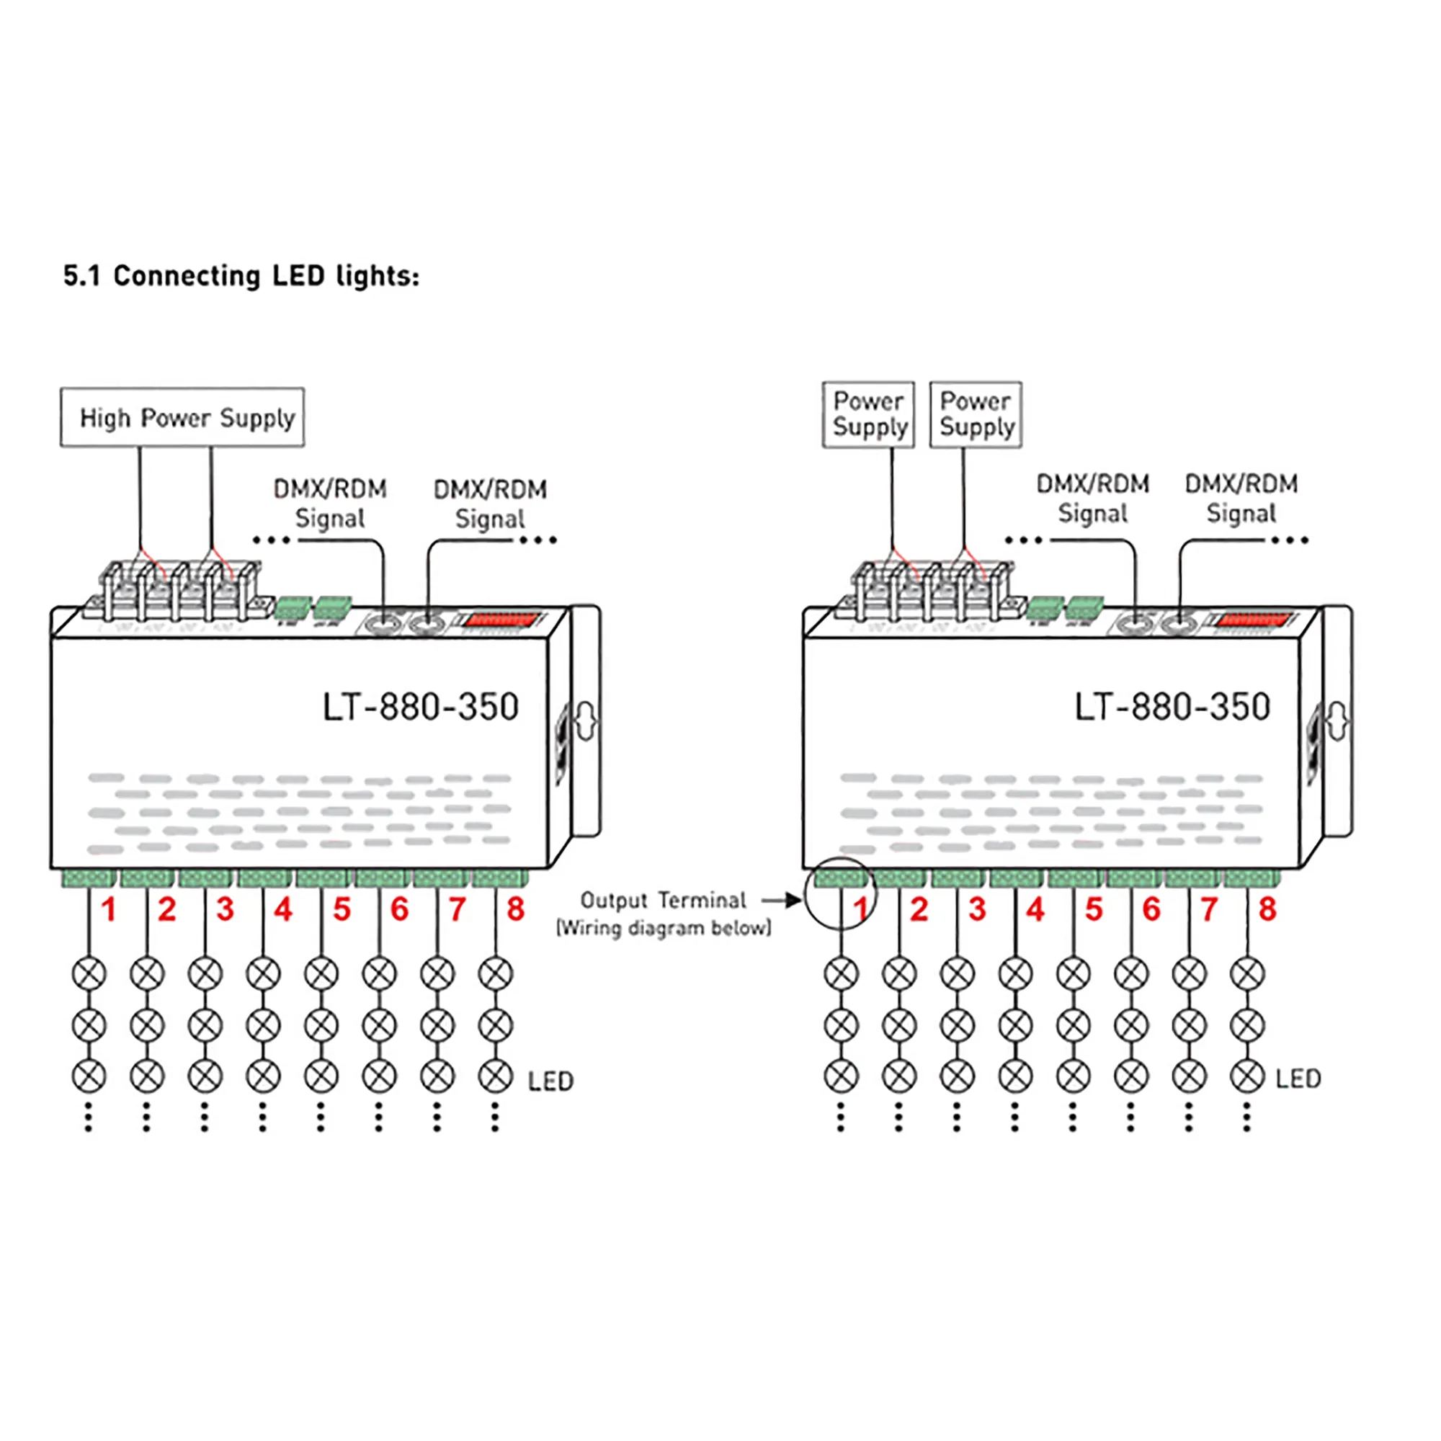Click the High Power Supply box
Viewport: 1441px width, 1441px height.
point(182,418)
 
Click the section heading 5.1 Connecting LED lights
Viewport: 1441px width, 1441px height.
point(241,276)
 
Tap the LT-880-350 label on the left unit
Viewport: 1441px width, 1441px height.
point(420,707)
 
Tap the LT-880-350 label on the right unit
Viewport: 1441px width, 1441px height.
point(1172,707)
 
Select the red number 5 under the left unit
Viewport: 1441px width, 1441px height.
point(342,909)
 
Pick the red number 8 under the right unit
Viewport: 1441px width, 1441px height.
point(1267,909)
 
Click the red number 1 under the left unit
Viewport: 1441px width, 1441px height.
point(109,909)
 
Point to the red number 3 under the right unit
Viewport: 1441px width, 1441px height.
point(977,909)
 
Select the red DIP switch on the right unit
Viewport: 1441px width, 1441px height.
point(1254,620)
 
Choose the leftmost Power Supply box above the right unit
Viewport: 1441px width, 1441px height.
point(868,415)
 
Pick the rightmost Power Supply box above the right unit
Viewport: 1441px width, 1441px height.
point(976,415)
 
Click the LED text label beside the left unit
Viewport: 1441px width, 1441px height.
point(550,1081)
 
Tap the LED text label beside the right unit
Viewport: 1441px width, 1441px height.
point(1298,1079)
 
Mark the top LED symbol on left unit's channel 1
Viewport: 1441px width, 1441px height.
point(89,973)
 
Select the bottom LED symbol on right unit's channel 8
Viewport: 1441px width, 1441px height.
point(1247,1076)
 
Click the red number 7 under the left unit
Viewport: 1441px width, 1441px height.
point(458,909)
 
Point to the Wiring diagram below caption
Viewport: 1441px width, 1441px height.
point(664,928)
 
